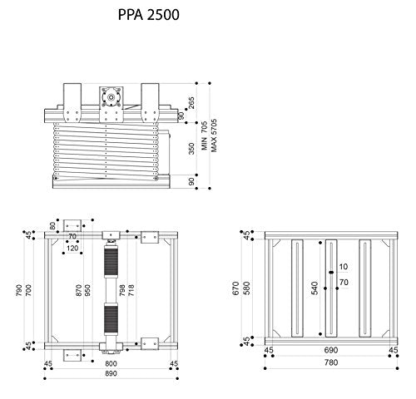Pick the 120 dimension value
[x=73, y=248]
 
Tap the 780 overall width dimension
[x=331, y=364]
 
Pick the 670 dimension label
[x=236, y=288]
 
